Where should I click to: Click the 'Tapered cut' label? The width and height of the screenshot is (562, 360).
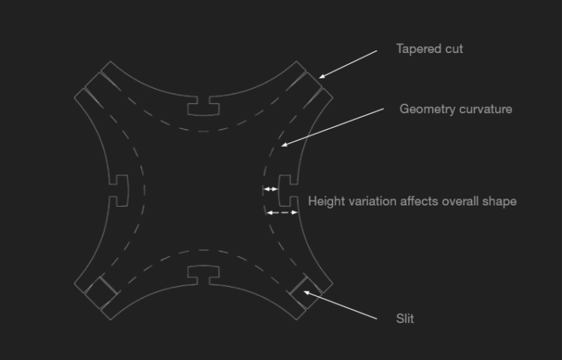click(430, 48)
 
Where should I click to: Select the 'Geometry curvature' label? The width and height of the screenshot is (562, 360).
click(456, 109)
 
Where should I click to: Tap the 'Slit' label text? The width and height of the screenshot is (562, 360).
click(405, 318)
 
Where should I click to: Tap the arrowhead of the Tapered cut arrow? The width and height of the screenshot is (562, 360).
click(321, 76)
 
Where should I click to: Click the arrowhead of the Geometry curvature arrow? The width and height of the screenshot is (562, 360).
click(283, 145)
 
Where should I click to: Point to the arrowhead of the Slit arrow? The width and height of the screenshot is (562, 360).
click(306, 292)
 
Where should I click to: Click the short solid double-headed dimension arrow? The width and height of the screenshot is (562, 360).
click(270, 189)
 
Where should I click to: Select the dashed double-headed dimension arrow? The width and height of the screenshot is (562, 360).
click(283, 212)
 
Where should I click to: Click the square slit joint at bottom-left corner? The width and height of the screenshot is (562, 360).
click(101, 292)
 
